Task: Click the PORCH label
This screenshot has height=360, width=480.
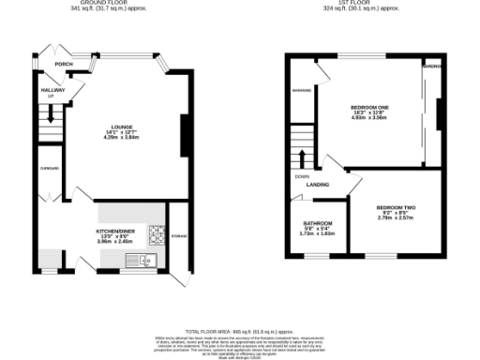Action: (64, 65)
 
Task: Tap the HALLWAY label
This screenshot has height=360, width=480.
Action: (51, 91)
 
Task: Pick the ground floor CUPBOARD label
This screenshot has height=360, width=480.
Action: (51, 169)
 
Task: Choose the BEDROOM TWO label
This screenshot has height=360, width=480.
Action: (396, 206)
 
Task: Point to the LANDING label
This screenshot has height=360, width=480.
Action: (318, 185)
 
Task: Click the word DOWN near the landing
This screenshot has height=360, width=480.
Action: (302, 176)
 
